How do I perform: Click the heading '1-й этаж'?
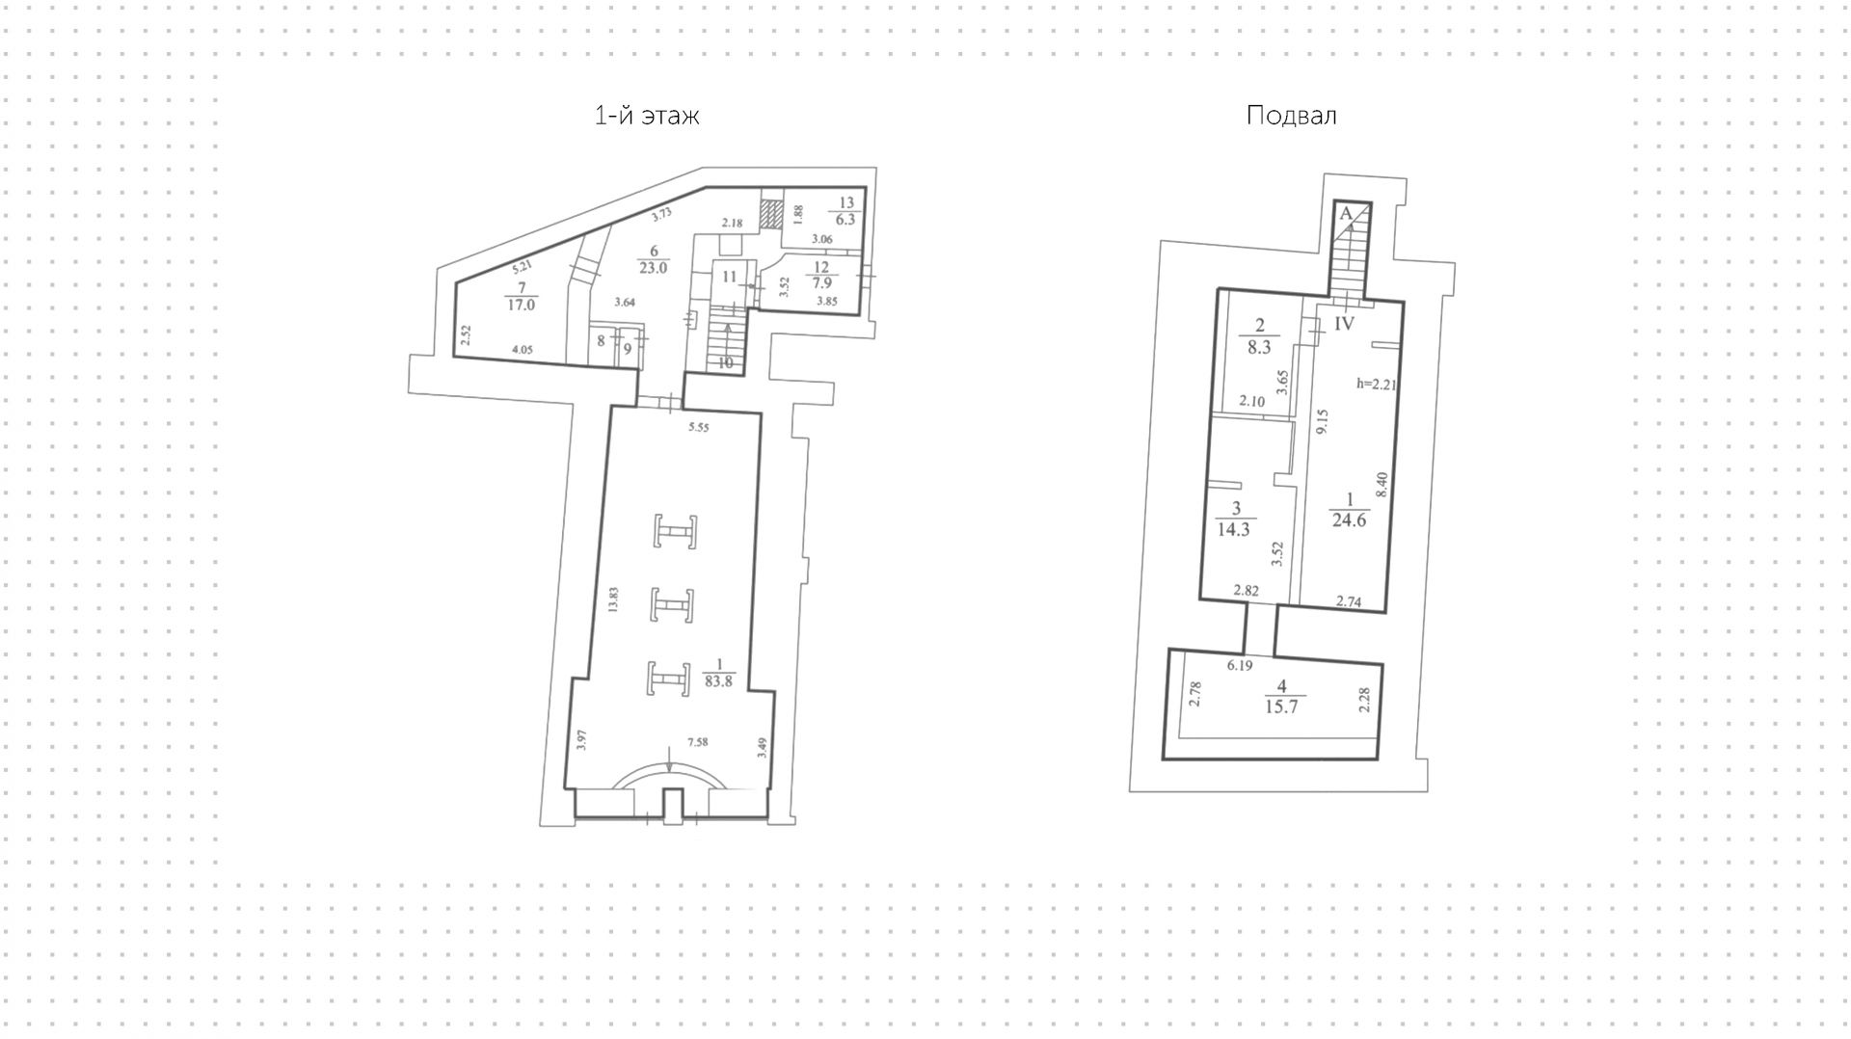[647, 117]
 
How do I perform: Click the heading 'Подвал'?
[1291, 117]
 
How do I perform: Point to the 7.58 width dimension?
[697, 742]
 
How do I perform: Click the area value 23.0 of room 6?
[653, 268]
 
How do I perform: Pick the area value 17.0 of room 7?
[521, 304]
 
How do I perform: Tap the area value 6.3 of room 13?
[845, 219]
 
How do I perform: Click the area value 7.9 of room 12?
[822, 283]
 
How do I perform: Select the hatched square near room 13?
[770, 213]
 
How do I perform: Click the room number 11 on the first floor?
[729, 277]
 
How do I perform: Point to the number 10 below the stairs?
[725, 363]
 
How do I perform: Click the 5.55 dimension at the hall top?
[698, 427]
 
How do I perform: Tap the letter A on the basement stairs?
[1343, 215]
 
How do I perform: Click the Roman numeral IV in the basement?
[1345, 324]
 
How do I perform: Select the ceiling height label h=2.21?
[1377, 384]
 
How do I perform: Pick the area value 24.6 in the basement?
[1349, 520]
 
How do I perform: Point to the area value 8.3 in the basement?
[1258, 347]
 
